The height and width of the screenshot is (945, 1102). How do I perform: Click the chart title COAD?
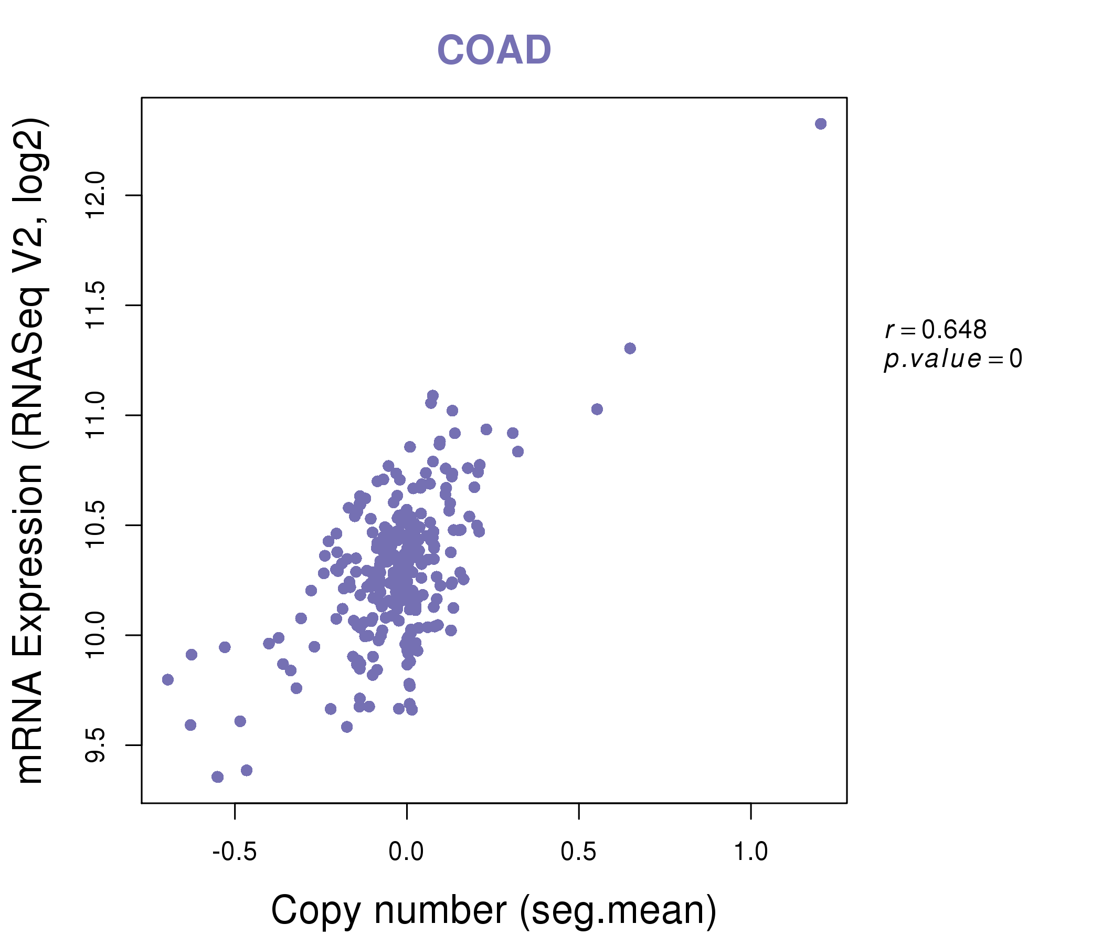494,50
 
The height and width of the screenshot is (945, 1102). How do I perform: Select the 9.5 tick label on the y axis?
96,745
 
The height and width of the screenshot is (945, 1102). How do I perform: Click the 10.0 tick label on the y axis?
96,635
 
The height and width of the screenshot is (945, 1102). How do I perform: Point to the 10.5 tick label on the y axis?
96,525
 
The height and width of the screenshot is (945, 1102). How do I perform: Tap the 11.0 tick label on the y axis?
96,415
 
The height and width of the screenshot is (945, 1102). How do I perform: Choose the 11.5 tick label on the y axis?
96,305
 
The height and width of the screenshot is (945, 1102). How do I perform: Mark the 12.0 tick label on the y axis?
96,195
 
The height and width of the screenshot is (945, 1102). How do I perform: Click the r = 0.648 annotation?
936,330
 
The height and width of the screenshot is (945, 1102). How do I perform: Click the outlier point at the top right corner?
821,124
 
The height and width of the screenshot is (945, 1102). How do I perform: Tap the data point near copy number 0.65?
630,349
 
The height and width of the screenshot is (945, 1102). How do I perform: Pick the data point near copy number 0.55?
597,409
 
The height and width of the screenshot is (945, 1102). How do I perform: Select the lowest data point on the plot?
218,777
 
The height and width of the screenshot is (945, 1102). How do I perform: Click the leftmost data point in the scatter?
168,679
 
